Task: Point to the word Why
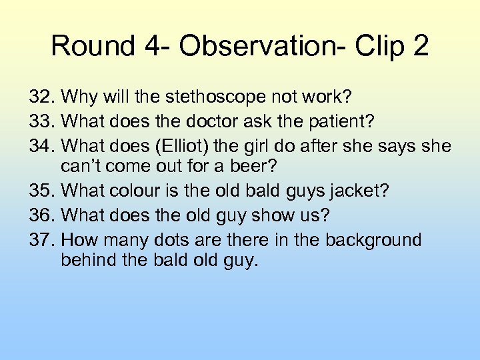click(x=77, y=97)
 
